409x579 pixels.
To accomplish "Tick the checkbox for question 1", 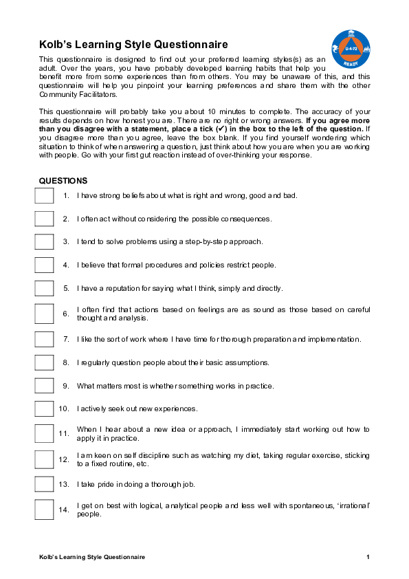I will click(x=44, y=196).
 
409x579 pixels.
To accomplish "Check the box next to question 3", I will click(x=44, y=242).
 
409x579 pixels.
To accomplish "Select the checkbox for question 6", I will click(x=44, y=314).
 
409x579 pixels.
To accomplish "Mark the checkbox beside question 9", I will click(x=44, y=386).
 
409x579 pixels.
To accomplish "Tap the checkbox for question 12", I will click(x=44, y=459).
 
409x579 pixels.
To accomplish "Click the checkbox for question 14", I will click(x=44, y=510).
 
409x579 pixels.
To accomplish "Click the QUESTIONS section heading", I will click(x=63, y=181).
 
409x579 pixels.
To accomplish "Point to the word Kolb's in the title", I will click(x=56, y=45).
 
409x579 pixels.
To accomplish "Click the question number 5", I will click(x=66, y=288).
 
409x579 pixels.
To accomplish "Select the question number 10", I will click(x=64, y=408).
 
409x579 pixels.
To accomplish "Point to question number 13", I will click(x=64, y=484).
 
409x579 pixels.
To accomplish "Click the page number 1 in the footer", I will click(x=368, y=556).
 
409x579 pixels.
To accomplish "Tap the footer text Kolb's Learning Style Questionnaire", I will click(x=92, y=556).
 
